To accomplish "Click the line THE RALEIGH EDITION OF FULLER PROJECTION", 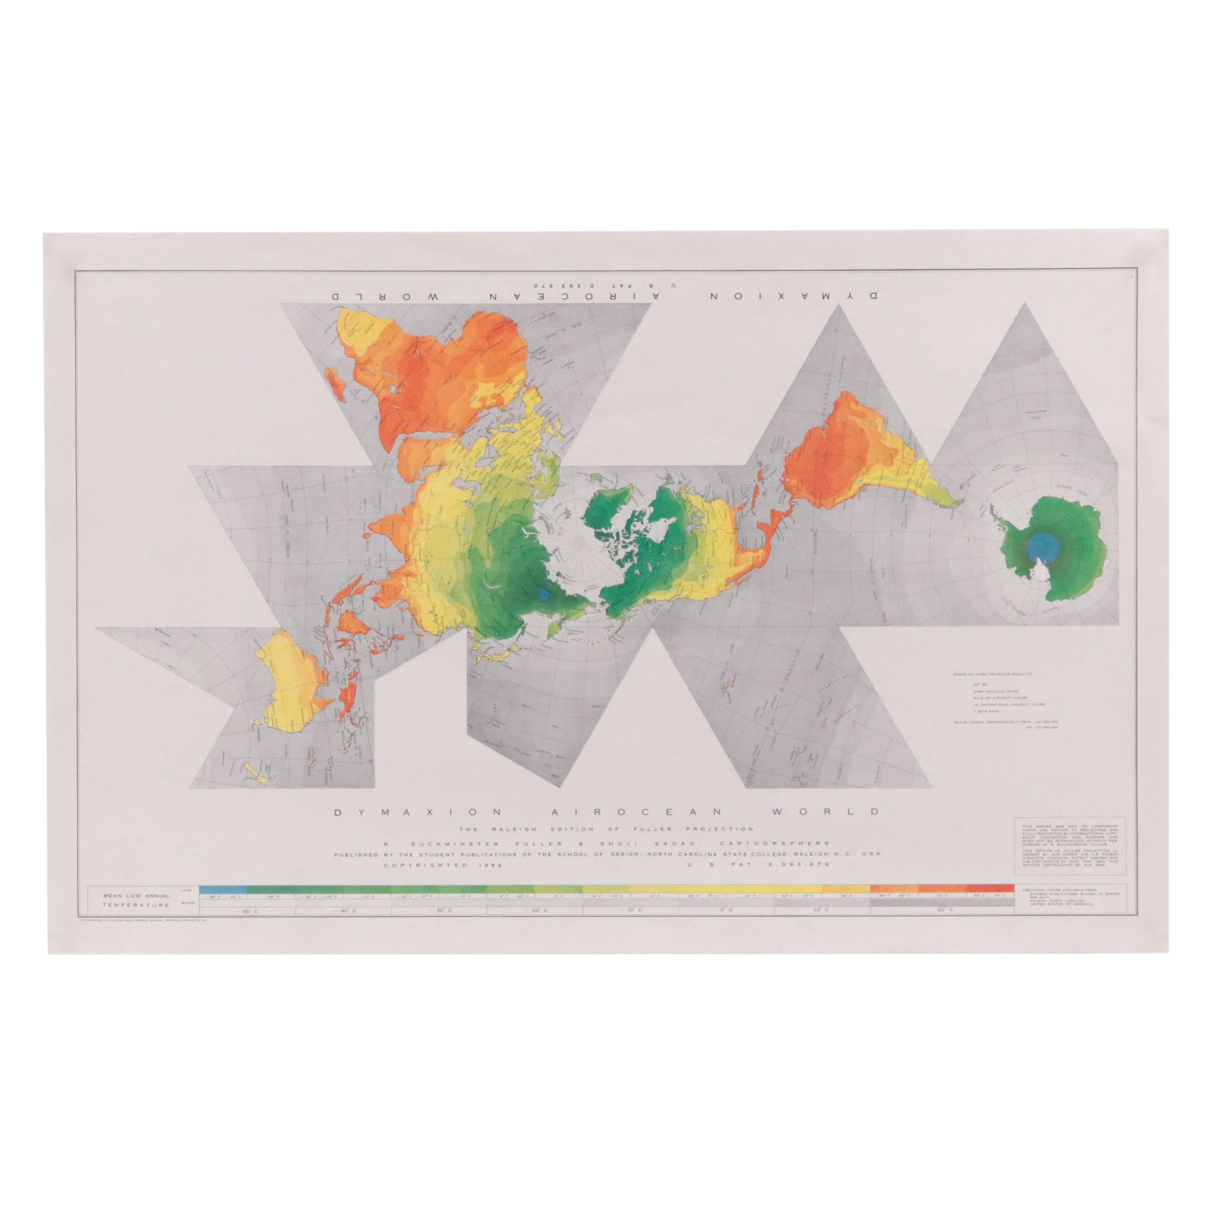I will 607,829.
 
